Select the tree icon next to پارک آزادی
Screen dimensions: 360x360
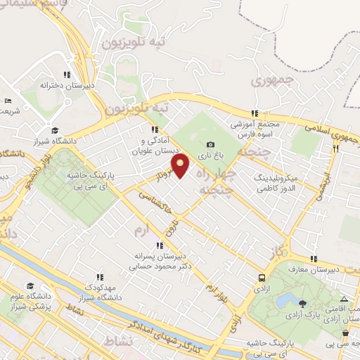coord(302,304)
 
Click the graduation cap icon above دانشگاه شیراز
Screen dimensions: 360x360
coord(55,129)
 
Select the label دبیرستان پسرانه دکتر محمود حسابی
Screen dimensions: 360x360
coord(160,262)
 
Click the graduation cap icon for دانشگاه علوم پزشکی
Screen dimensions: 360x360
coord(30,285)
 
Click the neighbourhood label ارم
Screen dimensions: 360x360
coord(143,231)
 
